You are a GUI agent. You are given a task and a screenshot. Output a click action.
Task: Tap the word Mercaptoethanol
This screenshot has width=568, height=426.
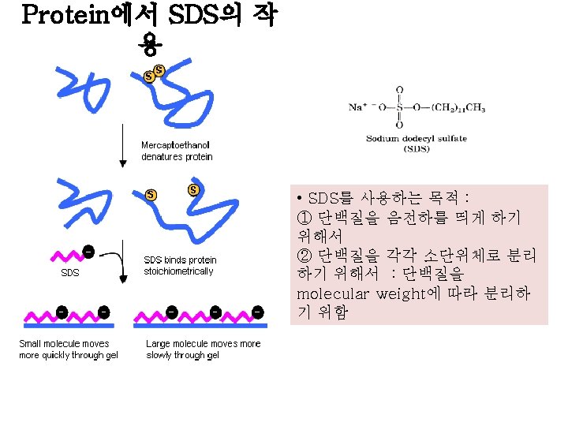175,145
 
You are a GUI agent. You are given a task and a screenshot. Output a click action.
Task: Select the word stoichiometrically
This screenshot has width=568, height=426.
178,271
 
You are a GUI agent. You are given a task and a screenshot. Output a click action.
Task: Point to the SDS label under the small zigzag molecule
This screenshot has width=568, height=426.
70,274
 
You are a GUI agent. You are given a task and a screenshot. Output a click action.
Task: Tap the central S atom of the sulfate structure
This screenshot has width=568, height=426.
399,106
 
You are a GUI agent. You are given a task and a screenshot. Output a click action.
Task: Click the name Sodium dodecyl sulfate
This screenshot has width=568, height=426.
417,139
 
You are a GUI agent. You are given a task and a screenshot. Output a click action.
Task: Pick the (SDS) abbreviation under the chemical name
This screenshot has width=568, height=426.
417,148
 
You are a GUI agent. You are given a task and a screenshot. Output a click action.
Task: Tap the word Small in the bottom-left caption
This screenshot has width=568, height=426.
32,343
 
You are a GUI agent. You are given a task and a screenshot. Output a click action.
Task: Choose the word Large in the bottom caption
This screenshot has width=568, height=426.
159,343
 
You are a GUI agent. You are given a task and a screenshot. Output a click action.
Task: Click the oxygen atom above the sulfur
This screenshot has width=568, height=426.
399,89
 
